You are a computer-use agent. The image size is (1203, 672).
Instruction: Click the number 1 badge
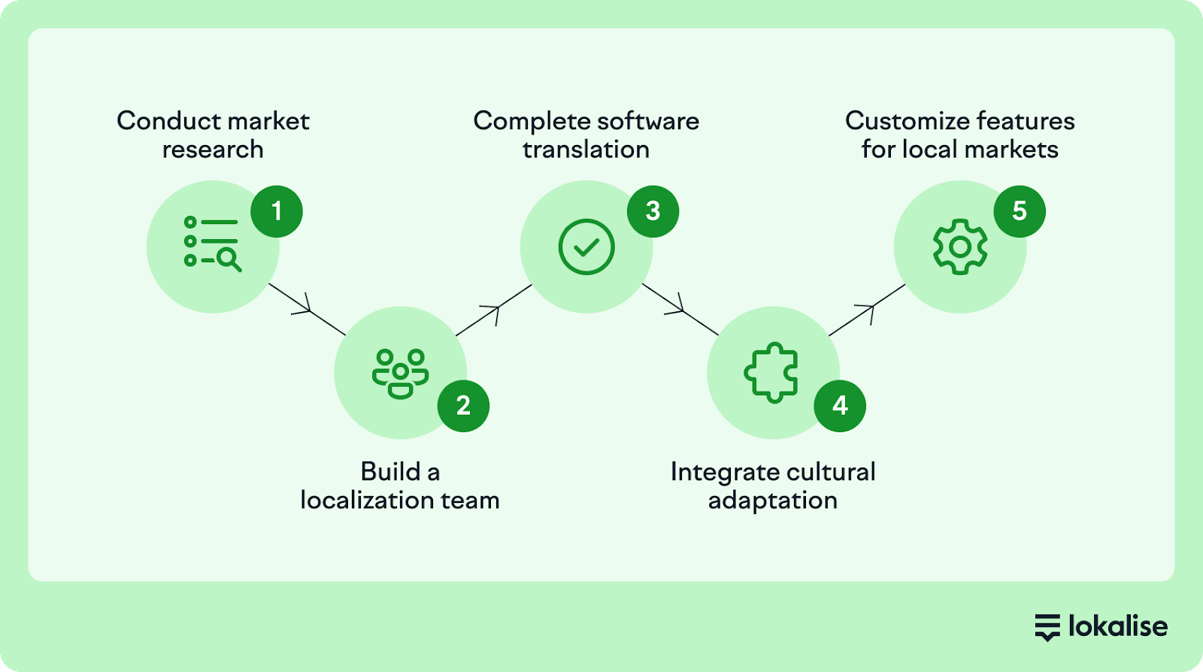pos(277,212)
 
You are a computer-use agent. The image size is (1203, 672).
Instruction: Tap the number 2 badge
pos(463,406)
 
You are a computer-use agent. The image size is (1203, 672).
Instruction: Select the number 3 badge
pos(653,212)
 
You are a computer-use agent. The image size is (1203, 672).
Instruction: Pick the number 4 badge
pos(840,406)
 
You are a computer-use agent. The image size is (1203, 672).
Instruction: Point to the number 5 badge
pos(1020,212)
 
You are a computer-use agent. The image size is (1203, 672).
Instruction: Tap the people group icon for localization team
pos(400,373)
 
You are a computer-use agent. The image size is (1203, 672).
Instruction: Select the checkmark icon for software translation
pos(586,247)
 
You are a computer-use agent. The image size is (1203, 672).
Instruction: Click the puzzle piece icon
pos(771,373)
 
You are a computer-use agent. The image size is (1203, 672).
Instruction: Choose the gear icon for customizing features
pos(960,247)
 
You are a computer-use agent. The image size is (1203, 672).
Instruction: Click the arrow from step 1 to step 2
pos(307,309)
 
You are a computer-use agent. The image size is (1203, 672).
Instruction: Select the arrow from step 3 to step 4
pos(680,309)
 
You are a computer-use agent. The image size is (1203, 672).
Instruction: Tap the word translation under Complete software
pos(586,150)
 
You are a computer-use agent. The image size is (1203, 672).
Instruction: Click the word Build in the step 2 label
pos(390,472)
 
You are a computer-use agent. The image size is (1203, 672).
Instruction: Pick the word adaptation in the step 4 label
pos(773,501)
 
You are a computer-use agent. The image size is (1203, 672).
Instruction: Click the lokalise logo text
pos(1117,626)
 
